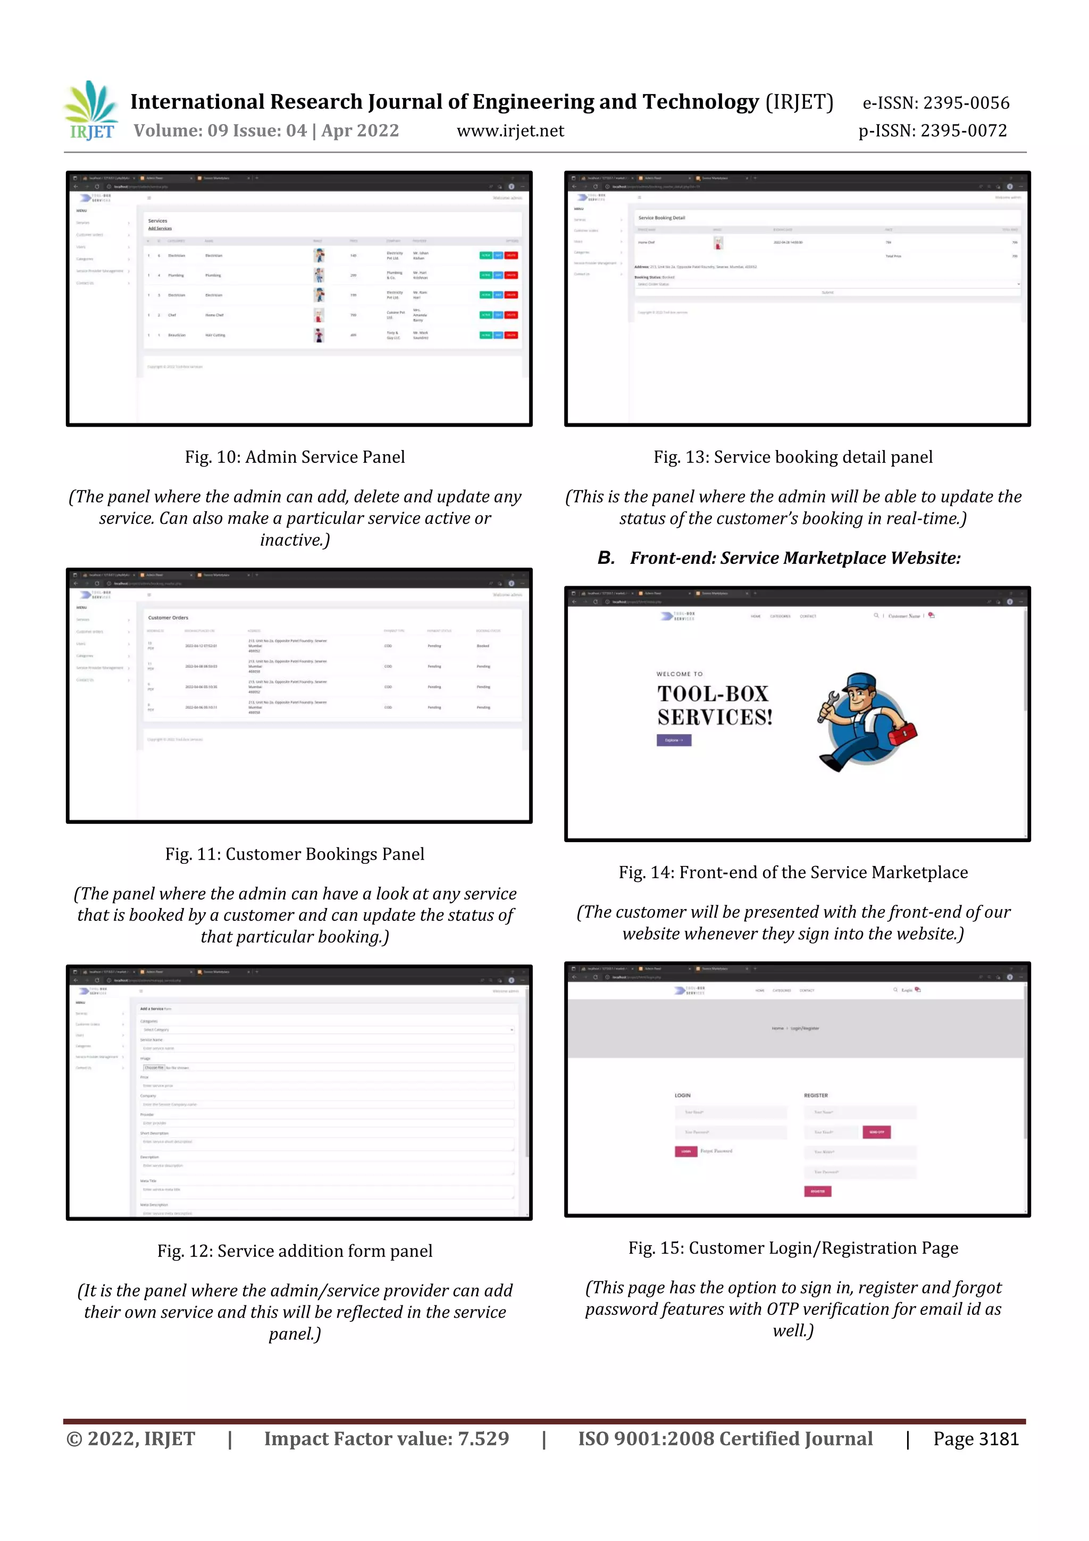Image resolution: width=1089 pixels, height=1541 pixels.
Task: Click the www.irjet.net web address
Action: tap(510, 131)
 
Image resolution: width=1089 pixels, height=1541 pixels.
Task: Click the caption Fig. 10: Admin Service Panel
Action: tap(295, 457)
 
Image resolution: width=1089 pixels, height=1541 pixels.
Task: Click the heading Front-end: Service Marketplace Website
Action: tap(794, 558)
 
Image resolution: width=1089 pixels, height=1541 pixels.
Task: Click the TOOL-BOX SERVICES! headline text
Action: tap(714, 705)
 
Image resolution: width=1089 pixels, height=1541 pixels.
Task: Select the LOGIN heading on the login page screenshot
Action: tap(682, 1095)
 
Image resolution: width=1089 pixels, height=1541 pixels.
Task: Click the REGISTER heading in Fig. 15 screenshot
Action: tap(815, 1095)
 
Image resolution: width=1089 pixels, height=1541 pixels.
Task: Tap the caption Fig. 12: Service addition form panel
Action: tap(295, 1251)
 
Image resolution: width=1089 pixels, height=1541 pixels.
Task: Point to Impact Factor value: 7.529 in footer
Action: tap(386, 1439)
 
